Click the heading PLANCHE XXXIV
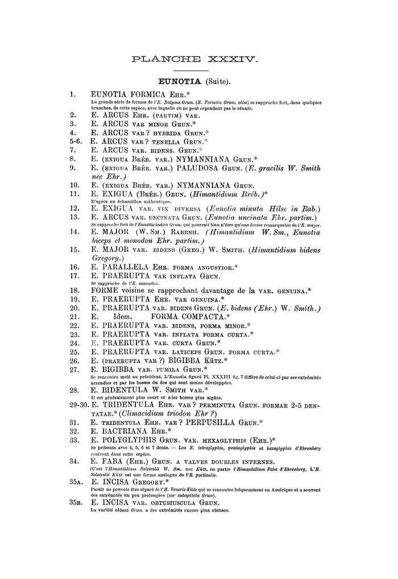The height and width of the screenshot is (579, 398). click(194, 58)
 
